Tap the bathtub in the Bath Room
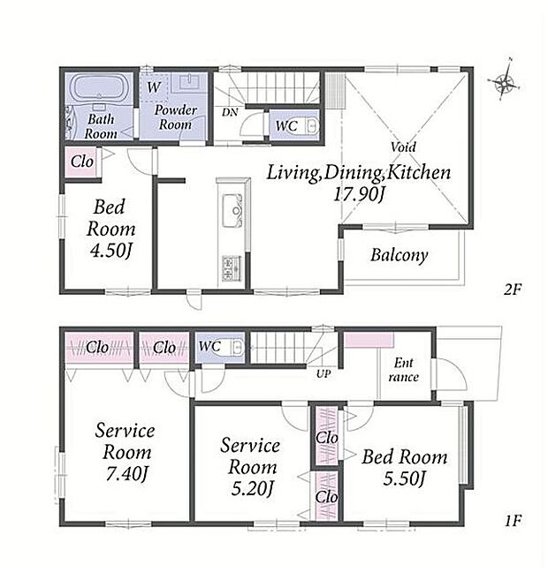99,87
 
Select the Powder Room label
175,117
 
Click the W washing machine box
154,87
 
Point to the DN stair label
230,112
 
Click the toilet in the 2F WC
312,126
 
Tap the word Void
403,147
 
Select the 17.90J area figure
359,193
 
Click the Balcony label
399,255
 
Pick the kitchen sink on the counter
232,210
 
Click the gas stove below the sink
232,268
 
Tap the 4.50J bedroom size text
111,251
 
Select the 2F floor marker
512,290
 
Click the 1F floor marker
513,521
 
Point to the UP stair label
323,373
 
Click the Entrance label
404,370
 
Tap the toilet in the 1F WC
238,347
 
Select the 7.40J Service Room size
126,474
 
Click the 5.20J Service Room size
252,489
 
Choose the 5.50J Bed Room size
405,478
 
